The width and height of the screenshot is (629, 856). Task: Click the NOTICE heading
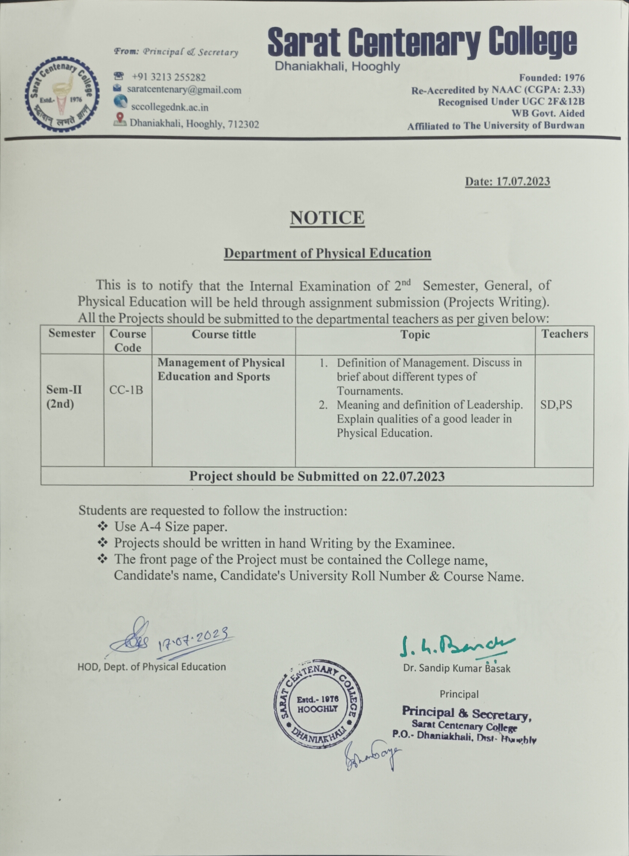click(327, 218)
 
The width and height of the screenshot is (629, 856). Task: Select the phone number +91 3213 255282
click(168, 77)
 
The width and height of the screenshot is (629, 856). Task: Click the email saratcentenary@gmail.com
click(184, 90)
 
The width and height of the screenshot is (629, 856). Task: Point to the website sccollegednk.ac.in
click(170, 107)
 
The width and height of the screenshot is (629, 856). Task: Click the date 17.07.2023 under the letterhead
click(523, 182)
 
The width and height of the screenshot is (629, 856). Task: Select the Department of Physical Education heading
click(327, 253)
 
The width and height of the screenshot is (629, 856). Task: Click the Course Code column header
click(128, 340)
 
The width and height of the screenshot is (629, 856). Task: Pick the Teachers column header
click(564, 334)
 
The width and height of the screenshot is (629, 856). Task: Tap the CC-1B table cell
click(126, 390)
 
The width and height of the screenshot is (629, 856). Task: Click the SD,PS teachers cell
click(556, 405)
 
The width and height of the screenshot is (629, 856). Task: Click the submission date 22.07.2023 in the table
click(413, 476)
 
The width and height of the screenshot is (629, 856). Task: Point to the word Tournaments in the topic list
click(369, 391)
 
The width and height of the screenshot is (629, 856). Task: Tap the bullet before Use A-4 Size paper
click(103, 527)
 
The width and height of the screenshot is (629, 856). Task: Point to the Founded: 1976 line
click(552, 78)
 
